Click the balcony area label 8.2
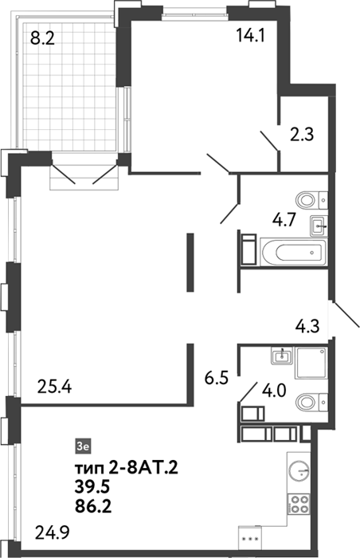click(x=42, y=37)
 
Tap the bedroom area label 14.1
click(x=250, y=36)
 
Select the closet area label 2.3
click(x=302, y=135)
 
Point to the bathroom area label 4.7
click(x=284, y=221)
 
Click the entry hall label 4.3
click(x=307, y=325)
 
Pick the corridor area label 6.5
click(x=217, y=378)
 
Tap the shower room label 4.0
click(x=274, y=391)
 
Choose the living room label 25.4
click(x=54, y=387)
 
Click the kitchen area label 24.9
click(x=53, y=533)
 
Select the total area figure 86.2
click(x=93, y=506)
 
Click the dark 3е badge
click(x=84, y=446)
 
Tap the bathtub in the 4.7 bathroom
click(x=293, y=253)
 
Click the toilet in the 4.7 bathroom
click(x=312, y=201)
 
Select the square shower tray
click(x=310, y=363)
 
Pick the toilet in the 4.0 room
click(x=312, y=403)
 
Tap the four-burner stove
click(x=299, y=505)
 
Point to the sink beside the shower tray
click(x=282, y=356)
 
